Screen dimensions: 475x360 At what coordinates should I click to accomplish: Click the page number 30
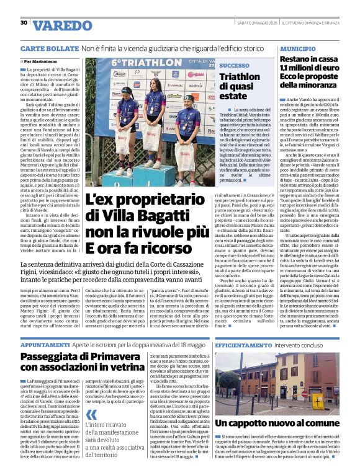(24, 23)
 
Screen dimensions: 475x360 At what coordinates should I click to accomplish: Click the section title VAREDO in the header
(61, 26)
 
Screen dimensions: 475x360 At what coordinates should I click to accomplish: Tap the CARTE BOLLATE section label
(48, 48)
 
